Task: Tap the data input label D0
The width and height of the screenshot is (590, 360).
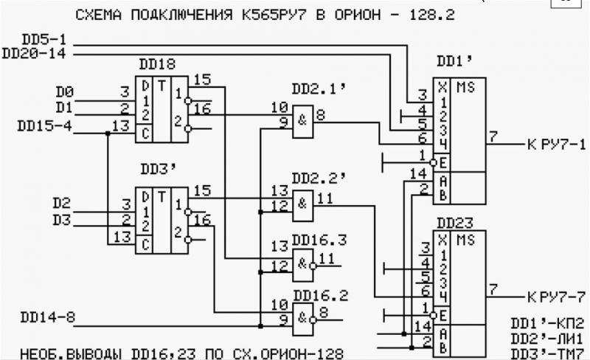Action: point(65,92)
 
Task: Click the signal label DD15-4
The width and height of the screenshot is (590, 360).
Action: point(45,125)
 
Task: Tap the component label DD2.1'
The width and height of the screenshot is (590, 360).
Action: point(319,89)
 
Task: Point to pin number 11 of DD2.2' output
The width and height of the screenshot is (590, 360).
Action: point(326,198)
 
